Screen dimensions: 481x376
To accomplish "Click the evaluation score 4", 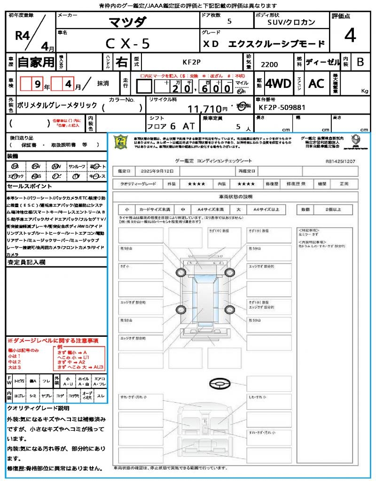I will [x=350, y=36].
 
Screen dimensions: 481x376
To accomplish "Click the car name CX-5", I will [x=127, y=43].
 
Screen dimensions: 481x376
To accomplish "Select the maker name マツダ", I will [x=127, y=22].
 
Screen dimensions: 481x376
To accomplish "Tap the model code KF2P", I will [x=191, y=62].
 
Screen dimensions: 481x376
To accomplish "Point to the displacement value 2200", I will [x=269, y=65].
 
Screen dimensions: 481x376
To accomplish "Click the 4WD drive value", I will [x=278, y=84].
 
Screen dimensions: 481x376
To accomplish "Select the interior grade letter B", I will [x=360, y=62].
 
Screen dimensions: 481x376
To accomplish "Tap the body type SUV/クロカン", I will [x=291, y=22].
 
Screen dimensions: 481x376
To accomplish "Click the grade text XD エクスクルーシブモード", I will [x=264, y=44].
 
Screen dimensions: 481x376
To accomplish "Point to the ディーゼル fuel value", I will [x=322, y=62].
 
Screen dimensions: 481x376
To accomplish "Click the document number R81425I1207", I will [x=340, y=161].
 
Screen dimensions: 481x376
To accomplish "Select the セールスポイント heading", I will [x=25, y=186].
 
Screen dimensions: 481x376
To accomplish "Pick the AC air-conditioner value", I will [x=316, y=84].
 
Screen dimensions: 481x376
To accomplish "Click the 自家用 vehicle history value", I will [x=36, y=62].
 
